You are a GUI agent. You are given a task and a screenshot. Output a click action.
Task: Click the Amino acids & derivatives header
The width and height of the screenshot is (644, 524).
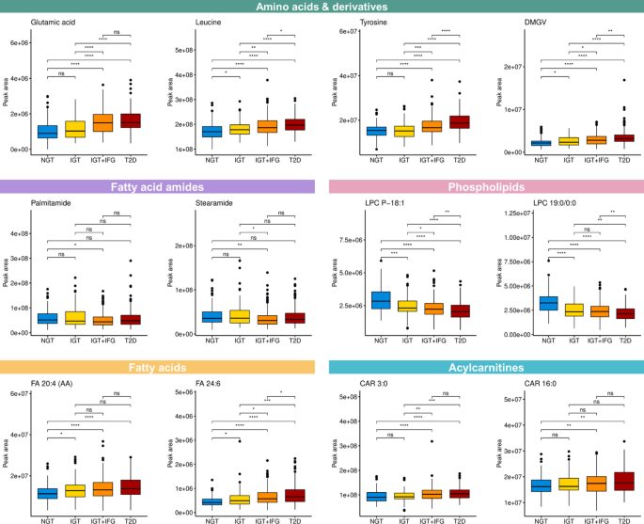(x=322, y=8)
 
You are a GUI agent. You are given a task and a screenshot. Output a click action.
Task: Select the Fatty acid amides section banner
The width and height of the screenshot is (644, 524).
(x=160, y=188)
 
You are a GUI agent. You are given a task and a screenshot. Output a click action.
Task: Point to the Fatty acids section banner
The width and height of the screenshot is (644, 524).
(x=160, y=369)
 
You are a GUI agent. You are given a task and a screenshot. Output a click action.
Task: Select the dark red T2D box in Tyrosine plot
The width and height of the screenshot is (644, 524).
(x=458, y=121)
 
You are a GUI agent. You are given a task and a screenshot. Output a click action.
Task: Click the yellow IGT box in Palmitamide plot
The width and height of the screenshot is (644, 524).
(x=76, y=318)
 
